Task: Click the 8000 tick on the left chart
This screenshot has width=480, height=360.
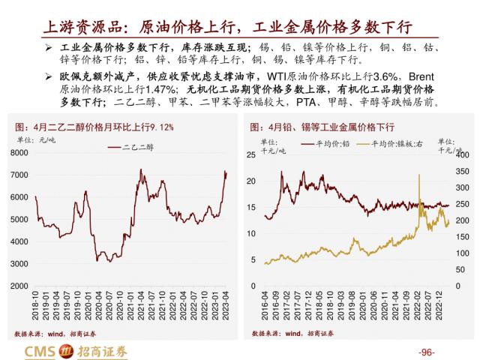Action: (x=19, y=153)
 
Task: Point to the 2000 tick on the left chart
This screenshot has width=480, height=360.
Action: (x=19, y=286)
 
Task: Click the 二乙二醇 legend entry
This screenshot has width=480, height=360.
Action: (x=135, y=148)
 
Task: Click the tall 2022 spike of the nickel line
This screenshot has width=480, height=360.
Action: (x=417, y=175)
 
